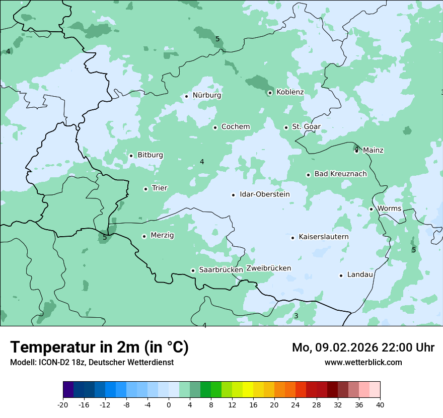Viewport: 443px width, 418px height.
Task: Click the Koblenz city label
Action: pyautogui.click(x=290, y=92)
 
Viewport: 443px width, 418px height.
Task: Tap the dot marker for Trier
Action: pyautogui.click(x=145, y=189)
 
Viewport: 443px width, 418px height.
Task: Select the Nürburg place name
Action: pyautogui.click(x=206, y=95)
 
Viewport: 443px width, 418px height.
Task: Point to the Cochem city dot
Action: pyautogui.click(x=215, y=127)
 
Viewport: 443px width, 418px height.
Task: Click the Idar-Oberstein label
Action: pyautogui.click(x=265, y=194)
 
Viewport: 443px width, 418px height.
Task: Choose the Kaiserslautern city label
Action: pyautogui.click(x=323, y=237)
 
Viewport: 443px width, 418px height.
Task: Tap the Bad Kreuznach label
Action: pyautogui.click(x=340, y=174)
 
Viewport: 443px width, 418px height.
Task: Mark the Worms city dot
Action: pyautogui.click(x=371, y=209)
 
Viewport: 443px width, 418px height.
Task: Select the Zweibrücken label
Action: pyautogui.click(x=268, y=268)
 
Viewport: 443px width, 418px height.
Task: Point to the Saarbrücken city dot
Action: pyautogui.click(x=193, y=270)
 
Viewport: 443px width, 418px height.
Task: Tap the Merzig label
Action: pyautogui.click(x=162, y=235)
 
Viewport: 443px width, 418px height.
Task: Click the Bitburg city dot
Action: pyautogui.click(x=131, y=156)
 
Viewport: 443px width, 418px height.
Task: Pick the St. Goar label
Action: pyautogui.click(x=306, y=126)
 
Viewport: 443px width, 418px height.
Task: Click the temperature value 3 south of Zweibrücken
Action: pyautogui.click(x=296, y=316)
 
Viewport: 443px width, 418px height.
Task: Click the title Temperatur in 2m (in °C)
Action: pyautogui.click(x=99, y=347)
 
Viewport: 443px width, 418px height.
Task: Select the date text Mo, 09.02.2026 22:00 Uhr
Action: pyautogui.click(x=363, y=347)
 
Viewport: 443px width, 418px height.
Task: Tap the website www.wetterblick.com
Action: pyautogui.click(x=363, y=362)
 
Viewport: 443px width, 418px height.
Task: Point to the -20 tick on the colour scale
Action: pyautogui.click(x=63, y=404)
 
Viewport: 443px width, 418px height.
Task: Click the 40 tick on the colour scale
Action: pyautogui.click(x=380, y=404)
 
